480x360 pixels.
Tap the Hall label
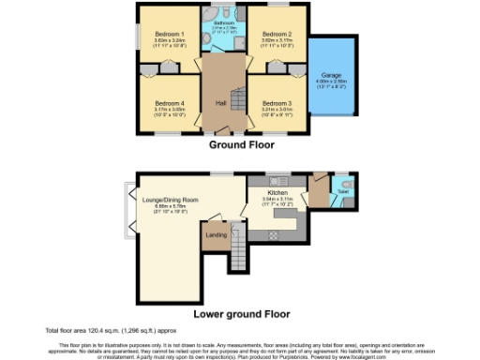pyautogui.click(x=221, y=103)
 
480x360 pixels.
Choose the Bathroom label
pyautogui.click(x=223, y=21)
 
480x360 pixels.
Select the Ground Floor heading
pyautogui.click(x=240, y=145)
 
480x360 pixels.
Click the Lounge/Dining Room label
pyautogui.click(x=171, y=200)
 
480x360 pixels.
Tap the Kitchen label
pyautogui.click(x=276, y=192)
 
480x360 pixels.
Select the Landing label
pyautogui.click(x=217, y=234)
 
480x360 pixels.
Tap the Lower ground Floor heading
pyautogui.click(x=240, y=315)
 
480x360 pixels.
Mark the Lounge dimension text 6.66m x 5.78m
pyautogui.click(x=171, y=206)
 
